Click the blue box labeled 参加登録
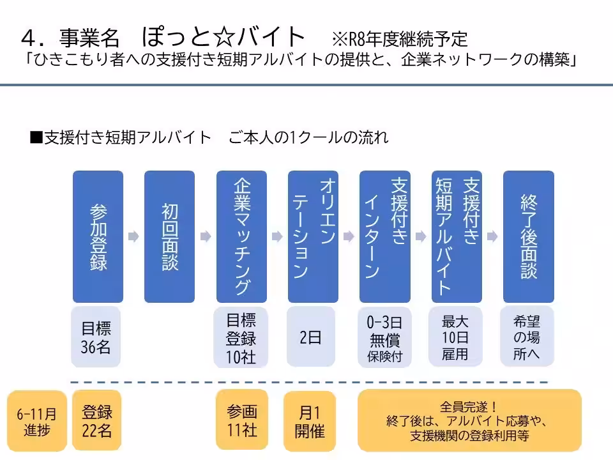[98, 236]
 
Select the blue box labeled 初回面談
[169, 236]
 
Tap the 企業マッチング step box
[241, 236]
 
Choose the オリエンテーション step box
[313, 236]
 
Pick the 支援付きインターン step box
[384, 236]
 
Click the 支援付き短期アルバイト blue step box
[457, 236]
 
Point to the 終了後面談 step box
[528, 236]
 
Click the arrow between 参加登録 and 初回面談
[133, 237]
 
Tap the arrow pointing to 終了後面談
[492, 237]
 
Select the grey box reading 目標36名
[96, 337]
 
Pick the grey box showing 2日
[311, 337]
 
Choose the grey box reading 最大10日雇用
[455, 337]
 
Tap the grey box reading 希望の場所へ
[527, 337]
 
